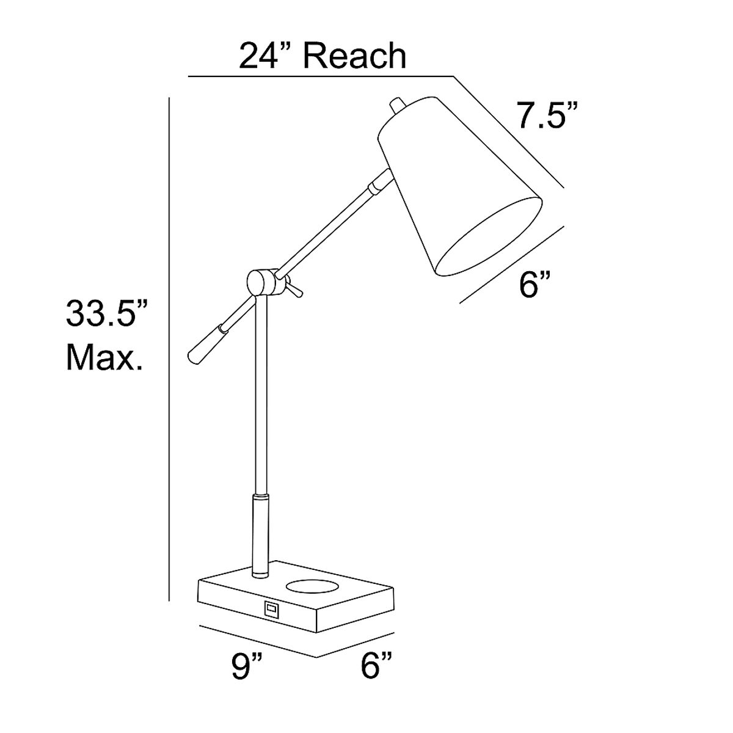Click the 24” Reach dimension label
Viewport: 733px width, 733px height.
point(323,57)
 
